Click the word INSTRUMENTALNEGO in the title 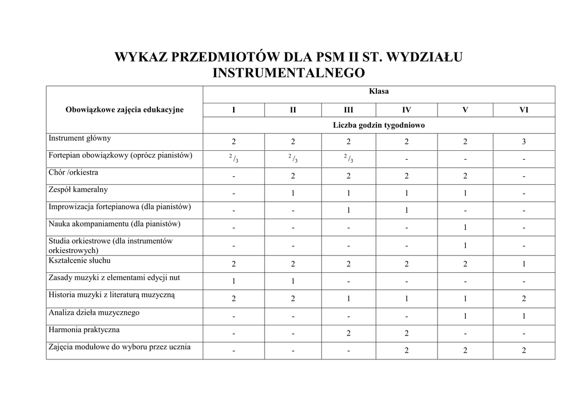[288, 73]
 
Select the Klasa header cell [379, 91]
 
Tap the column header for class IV [406, 110]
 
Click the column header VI [523, 110]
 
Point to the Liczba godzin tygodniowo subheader [379, 125]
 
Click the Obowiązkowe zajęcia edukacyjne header [124, 110]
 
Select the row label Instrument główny [80, 138]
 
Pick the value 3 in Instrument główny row [523, 142]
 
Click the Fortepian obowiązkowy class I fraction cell [234, 159]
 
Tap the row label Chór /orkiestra [73, 172]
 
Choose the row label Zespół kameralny [78, 189]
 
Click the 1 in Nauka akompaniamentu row [465, 228]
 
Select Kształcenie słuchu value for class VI [523, 264]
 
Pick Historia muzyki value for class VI [523, 299]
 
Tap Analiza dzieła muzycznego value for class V [465, 316]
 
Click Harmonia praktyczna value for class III [348, 333]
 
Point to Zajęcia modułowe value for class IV [406, 351]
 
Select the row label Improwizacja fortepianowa [120, 207]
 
